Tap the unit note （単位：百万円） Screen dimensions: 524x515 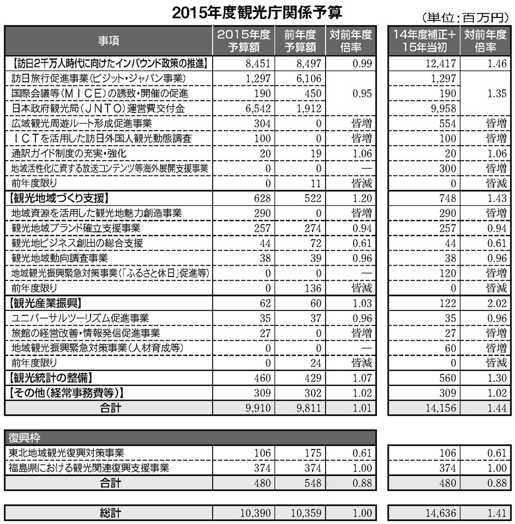pyautogui.click(x=465, y=17)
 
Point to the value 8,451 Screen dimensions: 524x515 pyautogui.click(x=255, y=64)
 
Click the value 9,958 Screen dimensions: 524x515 pyautogui.click(x=442, y=109)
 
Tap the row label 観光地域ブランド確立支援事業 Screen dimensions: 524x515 pyautogui.click(x=75, y=227)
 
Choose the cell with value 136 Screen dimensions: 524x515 pyautogui.click(x=312, y=287)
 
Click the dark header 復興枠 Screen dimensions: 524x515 pyautogui.click(x=25, y=438)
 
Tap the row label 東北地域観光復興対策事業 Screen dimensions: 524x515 pyautogui.click(x=66, y=453)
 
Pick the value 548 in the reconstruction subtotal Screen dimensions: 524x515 pyautogui.click(x=312, y=483)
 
